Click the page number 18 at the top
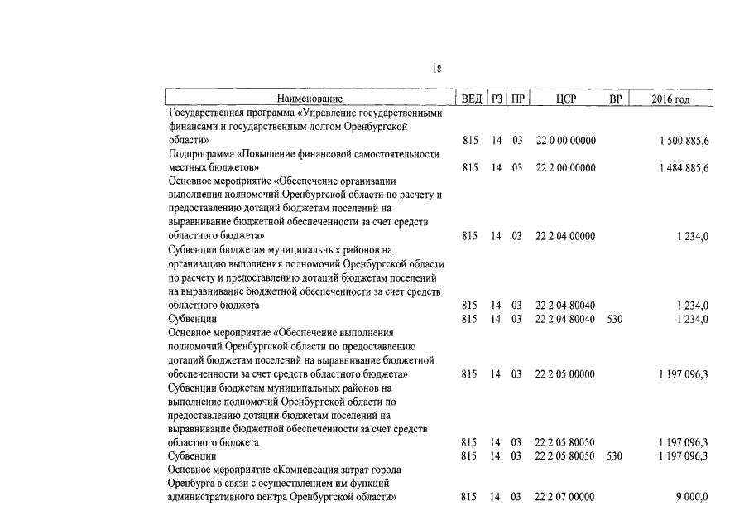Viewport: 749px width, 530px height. pyautogui.click(x=437, y=70)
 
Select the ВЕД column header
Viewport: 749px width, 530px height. pyautogui.click(x=472, y=99)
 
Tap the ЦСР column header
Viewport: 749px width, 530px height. pyautogui.click(x=566, y=99)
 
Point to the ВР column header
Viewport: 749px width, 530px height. pyautogui.click(x=615, y=99)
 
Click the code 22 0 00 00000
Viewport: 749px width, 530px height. pyautogui.click(x=565, y=141)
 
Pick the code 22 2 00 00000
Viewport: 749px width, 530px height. pyautogui.click(x=565, y=168)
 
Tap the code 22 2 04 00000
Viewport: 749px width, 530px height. pyautogui.click(x=565, y=236)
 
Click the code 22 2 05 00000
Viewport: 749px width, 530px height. pyautogui.click(x=565, y=374)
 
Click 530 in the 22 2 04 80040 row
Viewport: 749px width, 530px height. pyautogui.click(x=614, y=319)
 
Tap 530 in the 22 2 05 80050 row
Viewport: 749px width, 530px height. pyautogui.click(x=614, y=456)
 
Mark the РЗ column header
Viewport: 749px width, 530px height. pyautogui.click(x=497, y=99)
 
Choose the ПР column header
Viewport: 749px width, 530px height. pyautogui.click(x=517, y=99)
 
